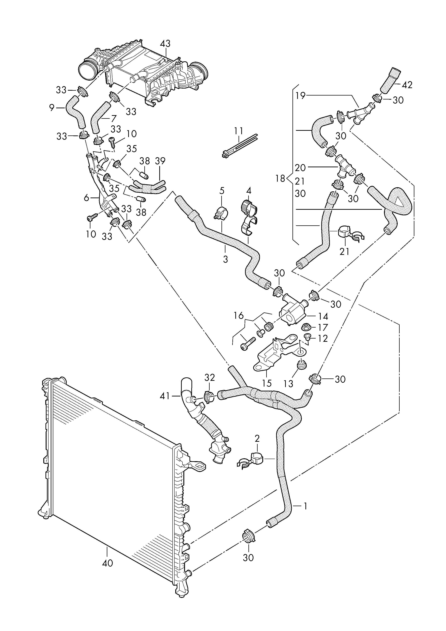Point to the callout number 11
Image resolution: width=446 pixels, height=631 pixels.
[239, 130]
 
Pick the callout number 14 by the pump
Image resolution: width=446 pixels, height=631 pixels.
[324, 317]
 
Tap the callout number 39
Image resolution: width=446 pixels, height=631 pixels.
[160, 161]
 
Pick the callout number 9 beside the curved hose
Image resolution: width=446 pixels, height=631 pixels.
[52, 108]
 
